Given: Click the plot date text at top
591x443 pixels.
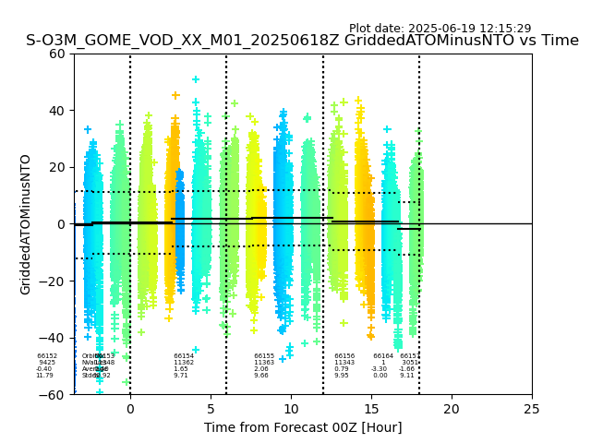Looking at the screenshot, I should pos(440,29).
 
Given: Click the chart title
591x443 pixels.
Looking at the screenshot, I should pos(302,41).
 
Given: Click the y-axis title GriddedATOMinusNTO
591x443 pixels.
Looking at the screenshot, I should pos(26,224).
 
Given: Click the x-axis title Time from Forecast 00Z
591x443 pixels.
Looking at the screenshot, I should pos(303,427).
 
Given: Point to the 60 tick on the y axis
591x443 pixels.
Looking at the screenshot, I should pos(58,54).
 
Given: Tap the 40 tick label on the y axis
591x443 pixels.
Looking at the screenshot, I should pos(58,111).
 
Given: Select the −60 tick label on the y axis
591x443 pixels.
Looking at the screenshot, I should pos(54,395).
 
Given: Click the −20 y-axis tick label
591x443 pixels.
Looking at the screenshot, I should pos(54,281).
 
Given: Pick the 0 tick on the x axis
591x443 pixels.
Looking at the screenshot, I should pos(130,409).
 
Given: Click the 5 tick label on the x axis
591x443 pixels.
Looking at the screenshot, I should pos(211,409).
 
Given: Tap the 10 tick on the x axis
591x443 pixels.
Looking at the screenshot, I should pos(291,409).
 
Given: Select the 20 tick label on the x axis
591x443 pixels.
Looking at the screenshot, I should pos(452,409).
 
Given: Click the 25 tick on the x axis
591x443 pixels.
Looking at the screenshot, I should pos(532,409).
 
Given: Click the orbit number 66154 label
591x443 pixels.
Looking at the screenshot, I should pos(184,356).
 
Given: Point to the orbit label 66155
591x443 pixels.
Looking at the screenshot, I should pos(264,356).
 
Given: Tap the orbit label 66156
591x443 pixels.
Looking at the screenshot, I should pos(344,356).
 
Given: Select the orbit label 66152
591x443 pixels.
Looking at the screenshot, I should pos(47,356).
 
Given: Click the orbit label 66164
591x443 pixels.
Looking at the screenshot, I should pos(383,356).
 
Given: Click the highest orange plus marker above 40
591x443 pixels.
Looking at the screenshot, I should pos(175,95).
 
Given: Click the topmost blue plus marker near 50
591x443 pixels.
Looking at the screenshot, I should pos(196,79).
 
